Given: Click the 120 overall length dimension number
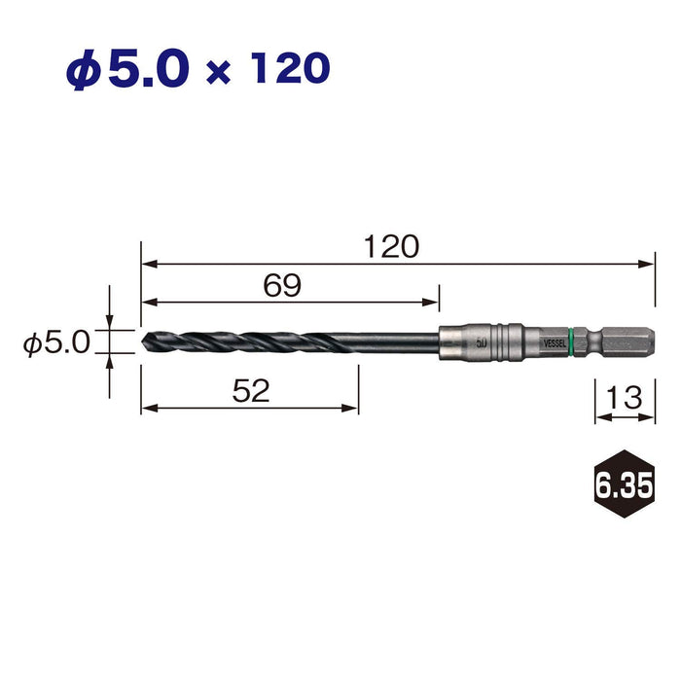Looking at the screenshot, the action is (391, 247).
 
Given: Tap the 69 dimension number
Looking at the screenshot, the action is (282, 285).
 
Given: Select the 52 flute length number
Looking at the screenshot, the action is (251, 390).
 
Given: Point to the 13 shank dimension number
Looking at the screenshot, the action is (625, 397).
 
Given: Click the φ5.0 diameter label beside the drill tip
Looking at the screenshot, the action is (56, 341).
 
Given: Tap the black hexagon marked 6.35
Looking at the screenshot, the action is (624, 484).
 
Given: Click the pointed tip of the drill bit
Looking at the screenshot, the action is (142, 341).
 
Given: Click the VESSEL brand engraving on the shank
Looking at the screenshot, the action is (555, 343).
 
